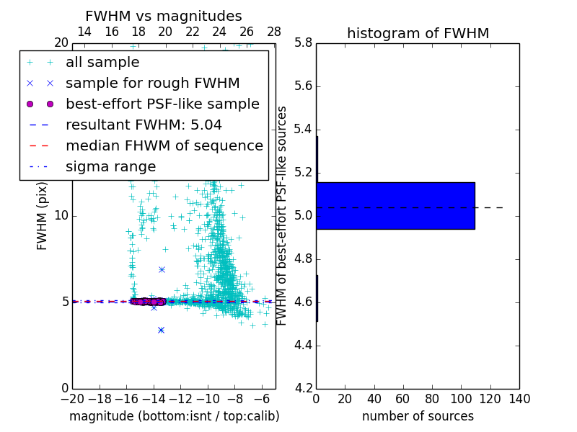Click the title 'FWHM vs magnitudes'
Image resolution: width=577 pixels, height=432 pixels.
click(x=163, y=16)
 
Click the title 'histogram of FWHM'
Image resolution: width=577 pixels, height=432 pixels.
click(x=418, y=33)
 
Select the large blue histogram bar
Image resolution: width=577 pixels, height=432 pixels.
click(x=395, y=205)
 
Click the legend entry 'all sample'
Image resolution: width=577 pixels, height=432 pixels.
click(x=102, y=63)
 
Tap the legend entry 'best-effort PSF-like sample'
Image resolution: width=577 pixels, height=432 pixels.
click(x=162, y=104)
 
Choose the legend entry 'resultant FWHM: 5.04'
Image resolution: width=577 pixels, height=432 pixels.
click(x=144, y=125)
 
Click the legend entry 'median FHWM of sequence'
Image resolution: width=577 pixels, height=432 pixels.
click(x=164, y=145)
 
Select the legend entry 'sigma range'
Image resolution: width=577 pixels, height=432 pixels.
click(x=110, y=166)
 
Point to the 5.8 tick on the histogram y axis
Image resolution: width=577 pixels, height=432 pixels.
click(x=303, y=42)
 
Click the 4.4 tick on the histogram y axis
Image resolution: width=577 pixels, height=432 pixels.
click(x=303, y=345)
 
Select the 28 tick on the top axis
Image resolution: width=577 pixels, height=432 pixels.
click(x=274, y=32)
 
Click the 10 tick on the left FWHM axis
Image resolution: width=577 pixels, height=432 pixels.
click(x=61, y=215)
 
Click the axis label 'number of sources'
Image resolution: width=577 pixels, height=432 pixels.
click(x=418, y=416)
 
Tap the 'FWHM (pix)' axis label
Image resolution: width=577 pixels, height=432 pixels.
click(x=43, y=215)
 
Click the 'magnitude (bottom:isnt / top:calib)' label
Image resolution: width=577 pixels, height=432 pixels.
click(x=174, y=416)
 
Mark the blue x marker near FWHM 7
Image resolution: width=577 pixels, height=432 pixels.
click(x=162, y=269)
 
